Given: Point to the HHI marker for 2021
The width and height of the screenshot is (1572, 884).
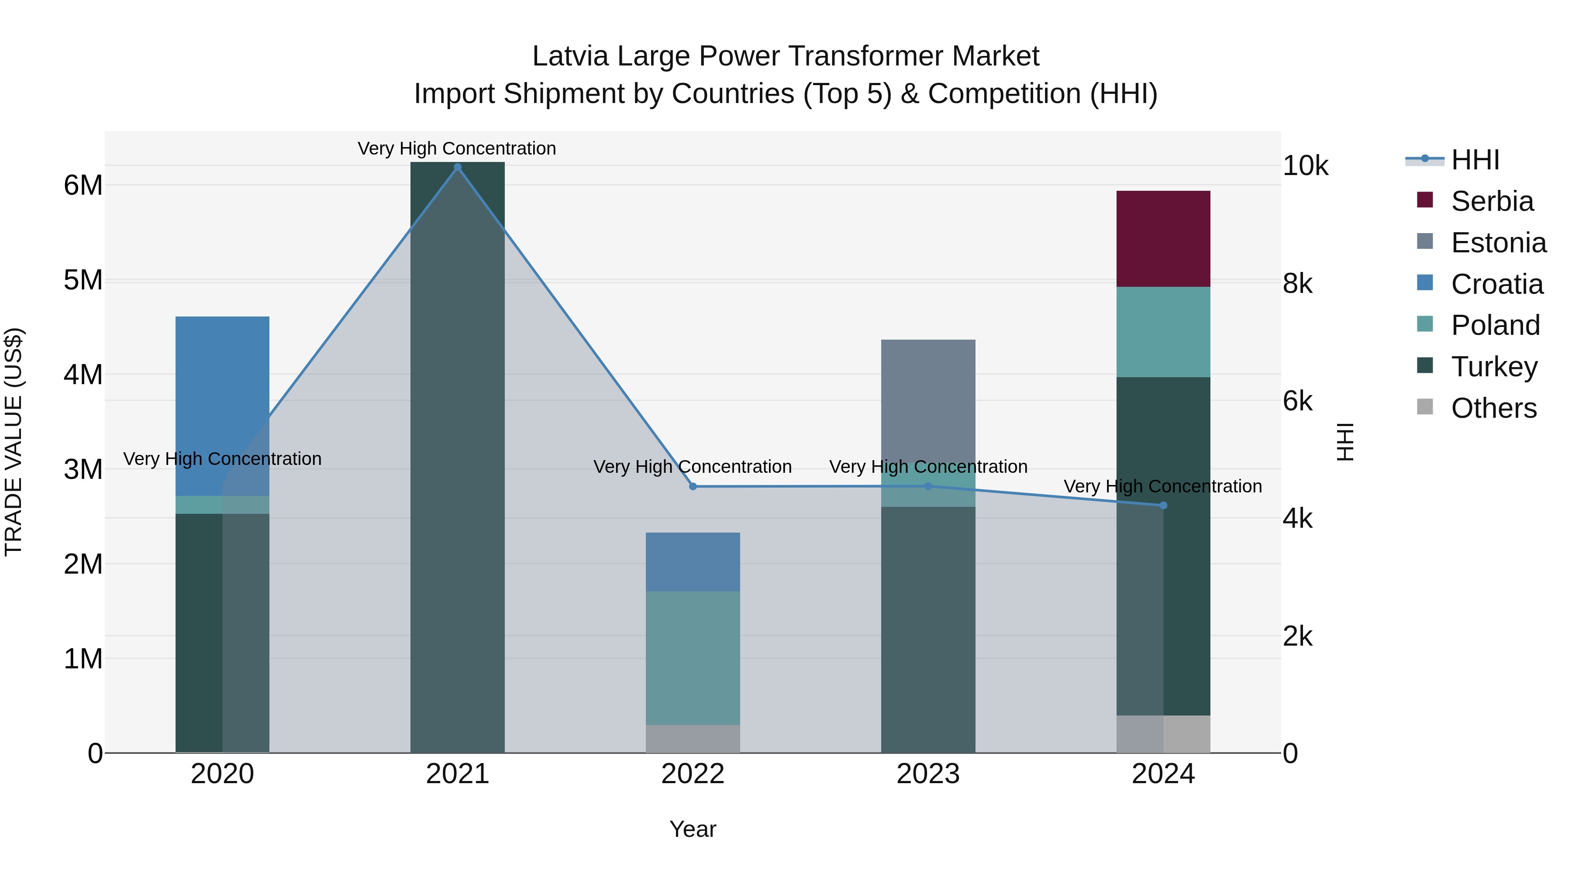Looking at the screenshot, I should (457, 167).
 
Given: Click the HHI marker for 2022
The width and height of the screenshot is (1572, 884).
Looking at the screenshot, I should (693, 486).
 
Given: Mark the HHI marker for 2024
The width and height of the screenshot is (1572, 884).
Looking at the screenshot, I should (1163, 505).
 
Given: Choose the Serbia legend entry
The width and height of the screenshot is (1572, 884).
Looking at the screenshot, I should (1492, 201).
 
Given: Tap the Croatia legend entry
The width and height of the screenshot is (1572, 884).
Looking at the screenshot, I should (1496, 284).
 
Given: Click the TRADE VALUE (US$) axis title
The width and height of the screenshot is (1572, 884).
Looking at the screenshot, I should (14, 442).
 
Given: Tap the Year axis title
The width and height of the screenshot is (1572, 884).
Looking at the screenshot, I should (693, 829).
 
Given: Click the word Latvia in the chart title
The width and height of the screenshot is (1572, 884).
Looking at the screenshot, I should (570, 56).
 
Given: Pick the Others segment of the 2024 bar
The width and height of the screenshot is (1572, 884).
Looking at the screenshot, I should (1163, 734).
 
